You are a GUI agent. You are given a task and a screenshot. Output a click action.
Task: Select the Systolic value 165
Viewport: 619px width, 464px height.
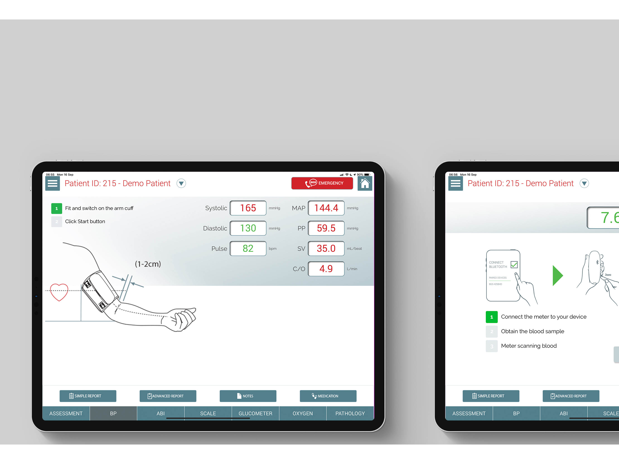tap(248, 208)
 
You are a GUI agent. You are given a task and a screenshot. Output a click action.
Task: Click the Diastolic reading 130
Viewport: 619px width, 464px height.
tap(248, 228)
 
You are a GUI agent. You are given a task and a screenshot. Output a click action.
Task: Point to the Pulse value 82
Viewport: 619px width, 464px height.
tap(248, 249)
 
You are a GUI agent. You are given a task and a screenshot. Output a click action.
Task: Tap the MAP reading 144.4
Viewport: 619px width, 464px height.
tap(326, 208)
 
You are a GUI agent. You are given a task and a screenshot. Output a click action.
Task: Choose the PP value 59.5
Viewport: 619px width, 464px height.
tap(326, 228)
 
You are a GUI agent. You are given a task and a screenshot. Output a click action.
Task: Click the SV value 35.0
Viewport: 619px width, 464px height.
tap(326, 249)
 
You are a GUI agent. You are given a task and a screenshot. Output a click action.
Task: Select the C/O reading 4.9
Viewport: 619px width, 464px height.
tap(326, 269)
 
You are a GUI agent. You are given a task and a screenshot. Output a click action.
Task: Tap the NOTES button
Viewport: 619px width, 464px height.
tap(248, 396)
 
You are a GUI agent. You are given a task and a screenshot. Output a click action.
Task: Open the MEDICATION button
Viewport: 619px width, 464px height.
tap(328, 396)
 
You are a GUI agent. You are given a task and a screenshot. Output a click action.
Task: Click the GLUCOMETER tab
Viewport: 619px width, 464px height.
tap(255, 413)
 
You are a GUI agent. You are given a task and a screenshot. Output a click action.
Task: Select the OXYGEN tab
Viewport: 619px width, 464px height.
tap(302, 413)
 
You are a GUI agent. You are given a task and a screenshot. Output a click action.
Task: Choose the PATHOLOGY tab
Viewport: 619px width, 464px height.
tap(350, 413)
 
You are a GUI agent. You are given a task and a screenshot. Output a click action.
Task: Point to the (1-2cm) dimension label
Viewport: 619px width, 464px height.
tap(148, 264)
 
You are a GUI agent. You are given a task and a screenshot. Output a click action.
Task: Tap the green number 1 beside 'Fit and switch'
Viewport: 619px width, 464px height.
tap(56, 208)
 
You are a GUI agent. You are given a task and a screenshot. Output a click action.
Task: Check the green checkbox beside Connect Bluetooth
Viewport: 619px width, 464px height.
tap(514, 264)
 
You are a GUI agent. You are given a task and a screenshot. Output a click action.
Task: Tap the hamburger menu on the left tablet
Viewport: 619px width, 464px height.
tap(52, 184)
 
